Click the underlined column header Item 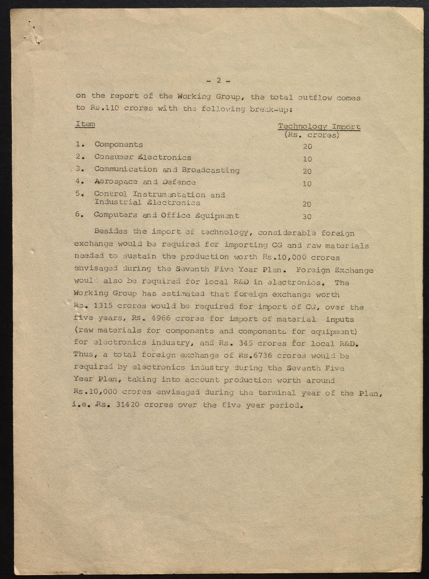coord(85,124)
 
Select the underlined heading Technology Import coord(319,127)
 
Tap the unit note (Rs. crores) coord(312,135)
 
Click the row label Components coord(118,144)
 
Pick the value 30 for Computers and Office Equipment coord(307,217)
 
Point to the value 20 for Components coord(307,147)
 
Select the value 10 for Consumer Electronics coord(307,159)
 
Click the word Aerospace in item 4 coord(116,182)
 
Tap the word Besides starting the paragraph coord(111,231)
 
